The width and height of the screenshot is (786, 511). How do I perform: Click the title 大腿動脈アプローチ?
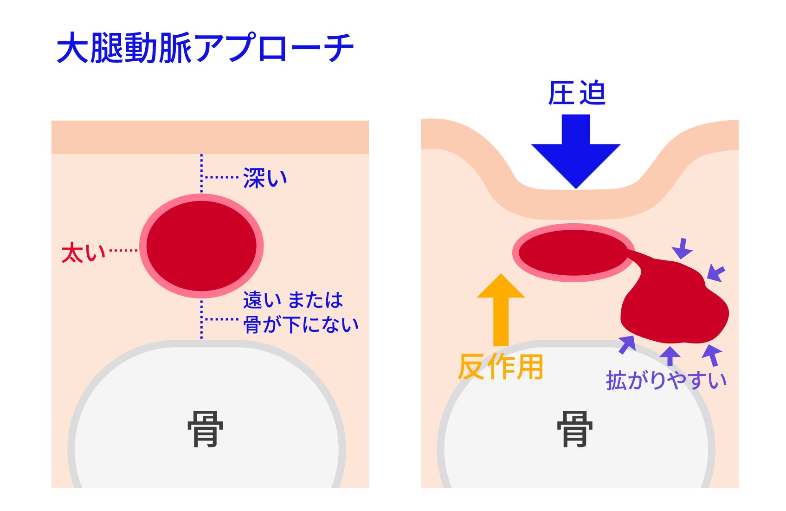pyautogui.click(x=205, y=48)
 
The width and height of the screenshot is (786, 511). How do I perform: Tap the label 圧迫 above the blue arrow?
pyautogui.click(x=576, y=93)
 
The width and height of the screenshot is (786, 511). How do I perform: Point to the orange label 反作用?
pyautogui.click(x=500, y=367)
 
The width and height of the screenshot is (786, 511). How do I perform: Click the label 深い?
pyautogui.click(x=265, y=178)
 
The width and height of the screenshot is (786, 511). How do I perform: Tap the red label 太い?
pyautogui.click(x=84, y=253)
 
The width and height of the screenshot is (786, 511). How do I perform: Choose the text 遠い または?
pyautogui.click(x=293, y=300)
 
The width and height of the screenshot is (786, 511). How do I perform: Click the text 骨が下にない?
pyautogui.click(x=301, y=324)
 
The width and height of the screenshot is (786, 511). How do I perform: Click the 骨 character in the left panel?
pyautogui.click(x=205, y=429)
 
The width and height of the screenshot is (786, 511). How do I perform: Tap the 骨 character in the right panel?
pyautogui.click(x=574, y=429)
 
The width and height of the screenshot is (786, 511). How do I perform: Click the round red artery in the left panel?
pyautogui.click(x=201, y=246)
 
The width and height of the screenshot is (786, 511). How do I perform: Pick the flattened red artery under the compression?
pyautogui.click(x=573, y=252)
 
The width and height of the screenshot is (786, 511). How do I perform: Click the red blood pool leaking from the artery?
pyautogui.click(x=673, y=306)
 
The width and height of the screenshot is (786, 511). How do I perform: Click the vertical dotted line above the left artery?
pyautogui.click(x=201, y=173)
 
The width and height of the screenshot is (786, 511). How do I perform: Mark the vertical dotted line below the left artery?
pyautogui.click(x=201, y=319)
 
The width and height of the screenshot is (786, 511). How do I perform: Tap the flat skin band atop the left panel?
pyautogui.click(x=210, y=137)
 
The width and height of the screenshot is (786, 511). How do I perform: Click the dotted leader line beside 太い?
pyautogui.click(x=123, y=251)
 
